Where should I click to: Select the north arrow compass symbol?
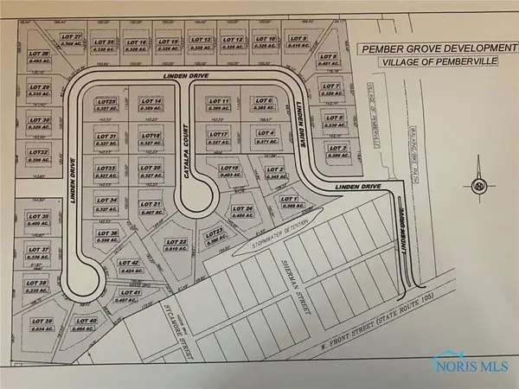[x=477, y=186]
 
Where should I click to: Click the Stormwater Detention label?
[x=282, y=226]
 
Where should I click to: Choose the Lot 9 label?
[x=297, y=39]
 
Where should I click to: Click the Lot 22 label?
[x=176, y=242]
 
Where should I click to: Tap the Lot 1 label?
[x=290, y=200]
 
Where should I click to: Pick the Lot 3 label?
[x=336, y=148]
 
